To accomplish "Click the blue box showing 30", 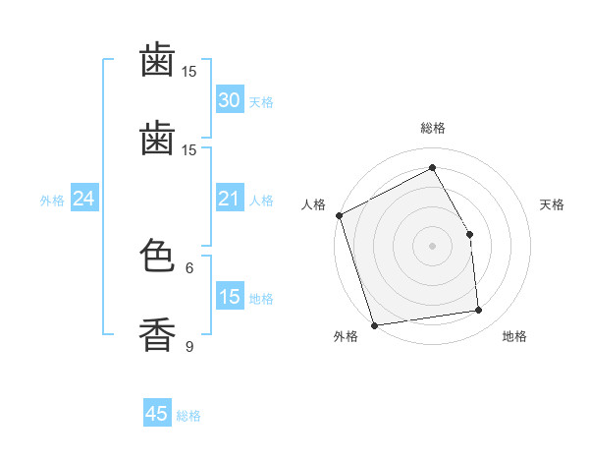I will pyautogui.click(x=229, y=100).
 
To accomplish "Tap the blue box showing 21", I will pyautogui.click(x=229, y=200).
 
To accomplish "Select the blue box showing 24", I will pyautogui.click(x=83, y=200).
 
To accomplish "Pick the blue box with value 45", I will pyautogui.click(x=157, y=414).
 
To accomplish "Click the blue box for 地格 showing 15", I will pyautogui.click(x=229, y=297).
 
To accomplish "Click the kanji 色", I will pyautogui.click(x=157, y=258).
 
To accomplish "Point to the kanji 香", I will pyautogui.click(x=157, y=334).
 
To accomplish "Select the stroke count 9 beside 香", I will pyautogui.click(x=189, y=345).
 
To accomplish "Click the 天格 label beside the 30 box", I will pyautogui.click(x=260, y=102).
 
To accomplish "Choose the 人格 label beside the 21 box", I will pyautogui.click(x=260, y=201).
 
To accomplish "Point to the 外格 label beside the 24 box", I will pyautogui.click(x=52, y=201).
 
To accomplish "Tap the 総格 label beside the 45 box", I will pyautogui.click(x=188, y=416).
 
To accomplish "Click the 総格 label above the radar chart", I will pyautogui.click(x=432, y=128).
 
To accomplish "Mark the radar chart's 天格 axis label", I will pyautogui.click(x=552, y=204).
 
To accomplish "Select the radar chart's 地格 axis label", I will pyautogui.click(x=514, y=336).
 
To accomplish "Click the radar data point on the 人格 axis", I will pyautogui.click(x=339, y=215).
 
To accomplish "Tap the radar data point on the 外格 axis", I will pyautogui.click(x=374, y=324).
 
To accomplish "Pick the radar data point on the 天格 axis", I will pyautogui.click(x=469, y=234).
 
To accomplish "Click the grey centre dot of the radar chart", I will pyautogui.click(x=432, y=246).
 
